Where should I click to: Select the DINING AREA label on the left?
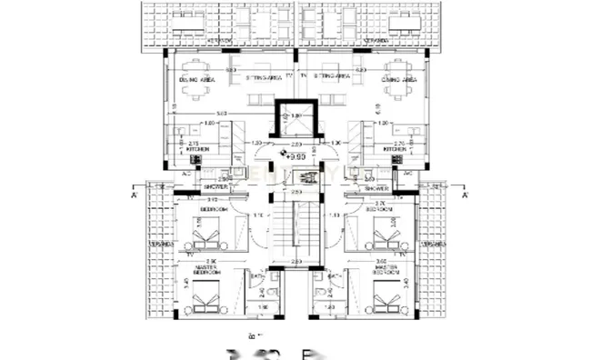[x=196, y=80]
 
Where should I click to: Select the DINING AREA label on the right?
[x=401, y=80]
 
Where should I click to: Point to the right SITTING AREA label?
[x=333, y=78]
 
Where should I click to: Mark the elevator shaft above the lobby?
[x=297, y=121]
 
